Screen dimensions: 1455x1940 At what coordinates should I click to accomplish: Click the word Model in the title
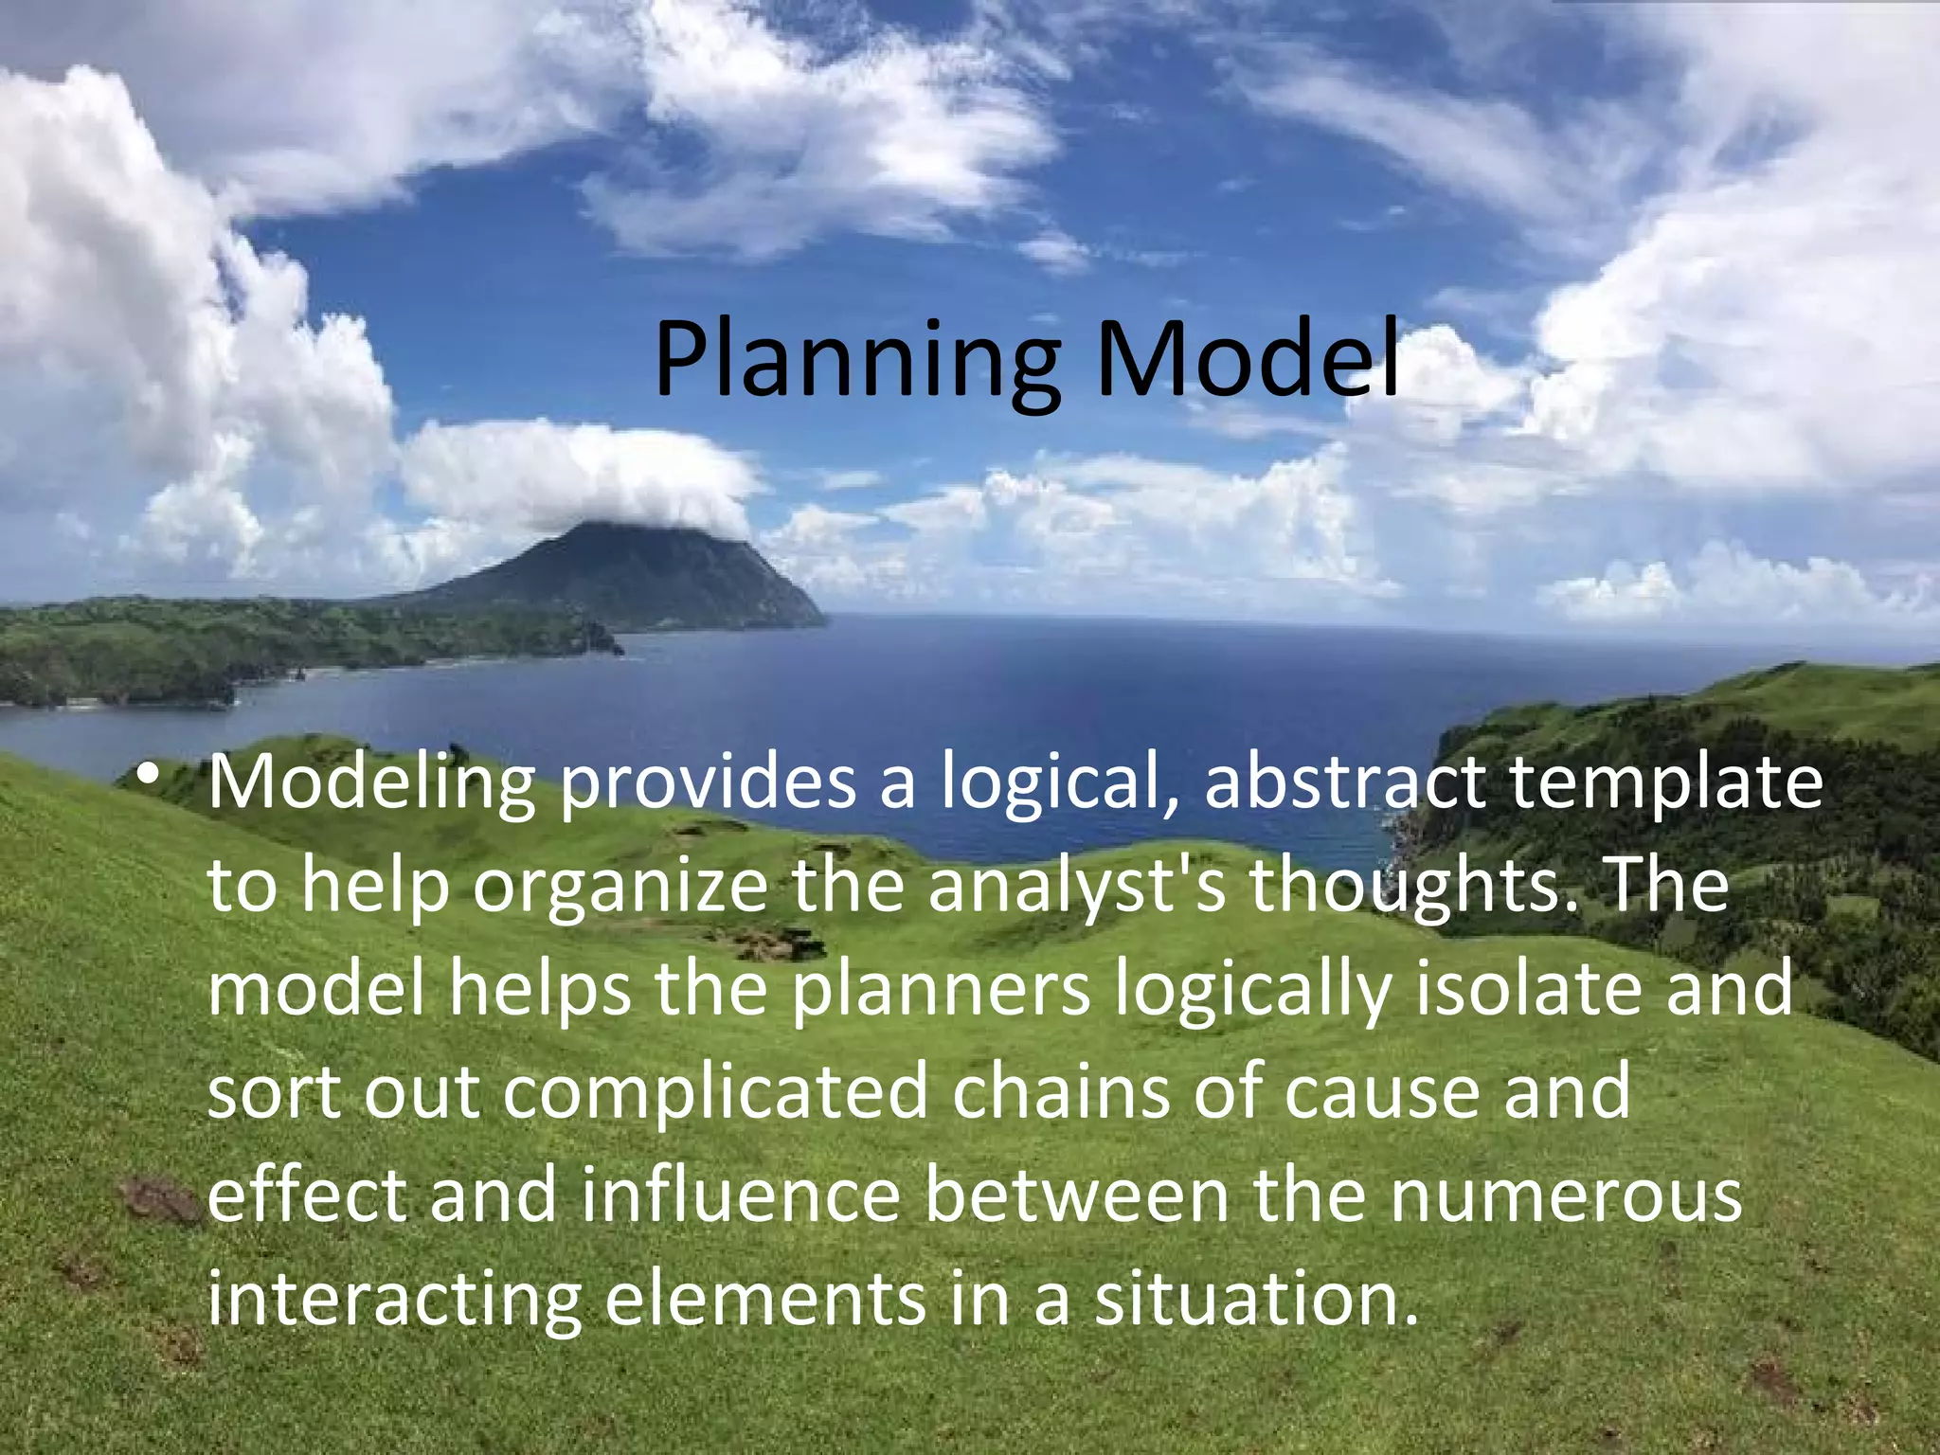click(x=1248, y=361)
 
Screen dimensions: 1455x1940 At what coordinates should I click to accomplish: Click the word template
click(x=1666, y=785)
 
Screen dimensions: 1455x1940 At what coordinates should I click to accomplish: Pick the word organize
click(x=620, y=889)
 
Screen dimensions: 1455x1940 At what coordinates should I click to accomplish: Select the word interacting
click(x=393, y=1301)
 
